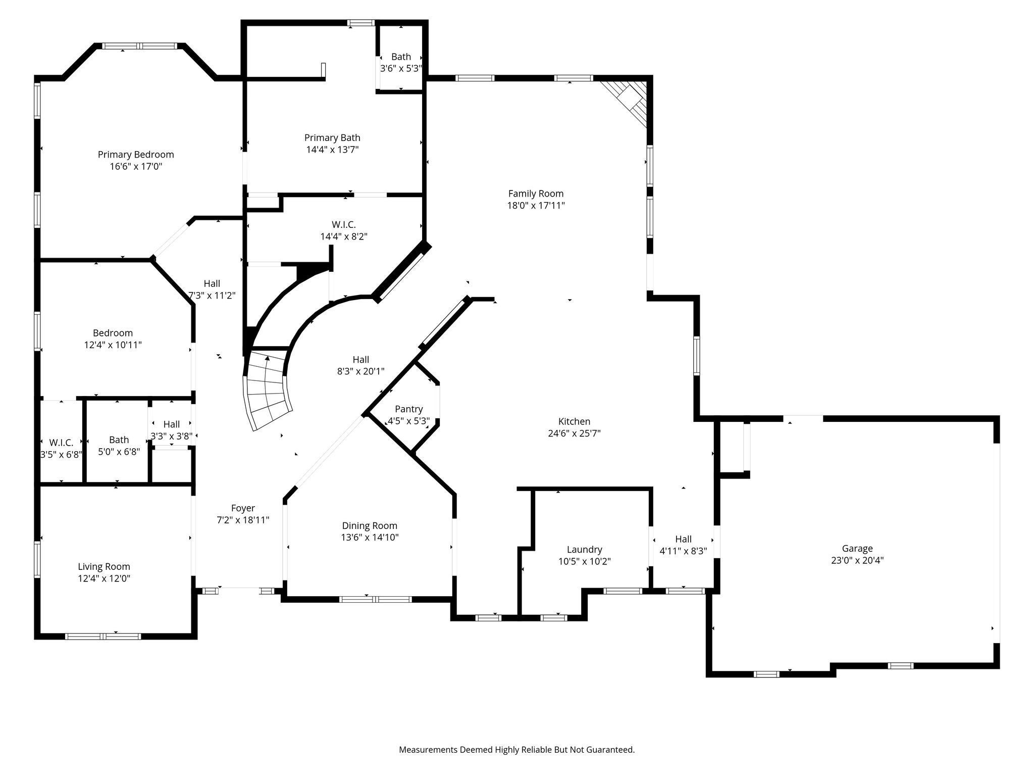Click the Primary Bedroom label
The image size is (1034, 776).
click(136, 155)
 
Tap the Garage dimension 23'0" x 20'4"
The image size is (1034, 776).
click(857, 560)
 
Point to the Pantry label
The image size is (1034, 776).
click(408, 409)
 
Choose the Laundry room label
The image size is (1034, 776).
click(584, 549)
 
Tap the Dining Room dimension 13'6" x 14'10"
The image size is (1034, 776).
click(370, 538)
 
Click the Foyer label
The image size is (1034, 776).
click(243, 508)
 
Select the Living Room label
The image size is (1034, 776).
click(104, 567)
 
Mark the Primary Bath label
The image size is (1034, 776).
click(332, 137)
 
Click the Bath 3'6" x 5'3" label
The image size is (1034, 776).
click(401, 57)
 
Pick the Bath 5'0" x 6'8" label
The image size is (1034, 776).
click(119, 440)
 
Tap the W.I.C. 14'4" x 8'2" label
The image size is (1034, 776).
click(343, 224)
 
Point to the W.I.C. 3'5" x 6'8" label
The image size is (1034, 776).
click(61, 443)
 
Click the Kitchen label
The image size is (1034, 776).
click(574, 421)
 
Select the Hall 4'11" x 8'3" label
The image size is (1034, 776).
click(683, 539)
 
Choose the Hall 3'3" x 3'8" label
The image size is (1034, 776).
click(172, 424)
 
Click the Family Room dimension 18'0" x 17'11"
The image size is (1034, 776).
click(536, 206)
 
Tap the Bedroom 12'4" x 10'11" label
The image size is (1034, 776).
click(113, 333)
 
